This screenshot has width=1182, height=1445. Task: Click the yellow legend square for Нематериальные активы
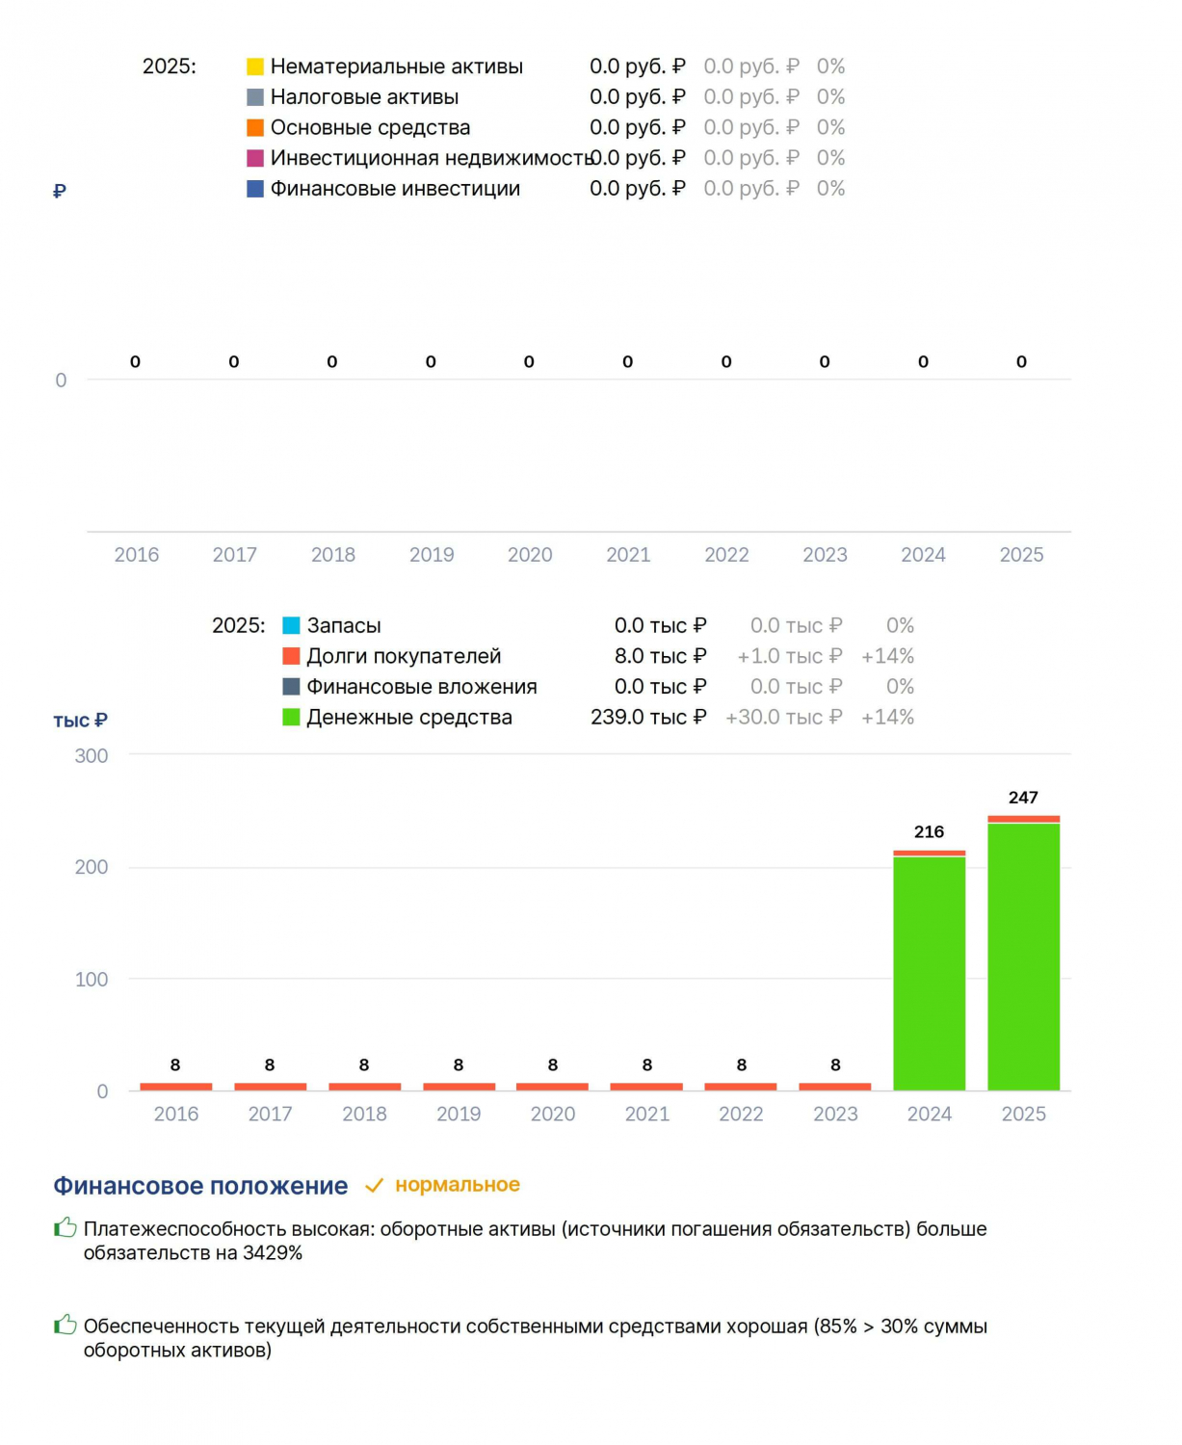click(255, 66)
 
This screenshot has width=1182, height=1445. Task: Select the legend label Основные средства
click(370, 127)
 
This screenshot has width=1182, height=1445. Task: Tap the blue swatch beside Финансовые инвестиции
click(255, 189)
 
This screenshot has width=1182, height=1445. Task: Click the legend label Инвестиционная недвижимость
click(432, 158)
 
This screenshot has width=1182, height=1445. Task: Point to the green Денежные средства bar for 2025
click(1023, 957)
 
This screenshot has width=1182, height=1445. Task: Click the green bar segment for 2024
click(930, 973)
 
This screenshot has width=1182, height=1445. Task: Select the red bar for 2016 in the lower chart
click(176, 1086)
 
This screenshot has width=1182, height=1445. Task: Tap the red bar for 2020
click(552, 1086)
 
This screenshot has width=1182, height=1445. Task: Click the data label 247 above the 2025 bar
click(1023, 798)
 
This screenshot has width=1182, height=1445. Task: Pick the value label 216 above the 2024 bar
click(930, 831)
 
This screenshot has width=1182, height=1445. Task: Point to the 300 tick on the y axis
click(92, 755)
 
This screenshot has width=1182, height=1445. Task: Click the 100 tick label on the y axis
click(92, 979)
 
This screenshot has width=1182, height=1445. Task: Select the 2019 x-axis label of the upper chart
click(432, 554)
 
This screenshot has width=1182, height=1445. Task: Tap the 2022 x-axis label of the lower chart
click(741, 1114)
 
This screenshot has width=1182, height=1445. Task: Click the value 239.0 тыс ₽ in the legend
click(648, 718)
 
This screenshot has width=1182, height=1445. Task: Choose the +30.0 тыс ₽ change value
click(784, 718)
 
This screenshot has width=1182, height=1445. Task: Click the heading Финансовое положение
click(200, 1186)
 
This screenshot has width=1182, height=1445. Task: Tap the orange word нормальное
click(458, 1185)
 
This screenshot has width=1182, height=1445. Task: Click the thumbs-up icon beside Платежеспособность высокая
click(66, 1227)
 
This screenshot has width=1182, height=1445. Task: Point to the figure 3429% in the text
click(273, 1253)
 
